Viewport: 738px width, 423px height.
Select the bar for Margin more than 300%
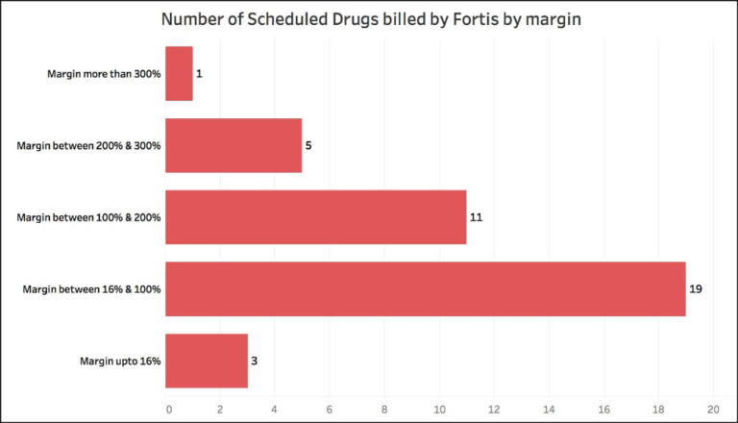[x=179, y=73]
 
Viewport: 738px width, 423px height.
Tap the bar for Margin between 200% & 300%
[x=234, y=145]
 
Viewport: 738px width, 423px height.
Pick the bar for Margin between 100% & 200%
[x=315, y=216]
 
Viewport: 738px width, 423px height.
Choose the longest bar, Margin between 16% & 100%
[x=425, y=288]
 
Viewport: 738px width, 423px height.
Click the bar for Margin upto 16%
[x=207, y=361]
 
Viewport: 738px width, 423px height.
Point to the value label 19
[x=697, y=288]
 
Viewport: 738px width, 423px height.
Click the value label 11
[x=476, y=217]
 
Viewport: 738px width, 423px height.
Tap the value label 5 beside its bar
[x=309, y=146]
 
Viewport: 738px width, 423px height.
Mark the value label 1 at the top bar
[x=200, y=74]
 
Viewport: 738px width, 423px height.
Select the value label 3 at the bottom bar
[x=255, y=361]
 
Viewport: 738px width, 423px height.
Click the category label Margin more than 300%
[x=103, y=74]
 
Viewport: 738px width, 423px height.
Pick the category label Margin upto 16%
[x=120, y=361]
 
